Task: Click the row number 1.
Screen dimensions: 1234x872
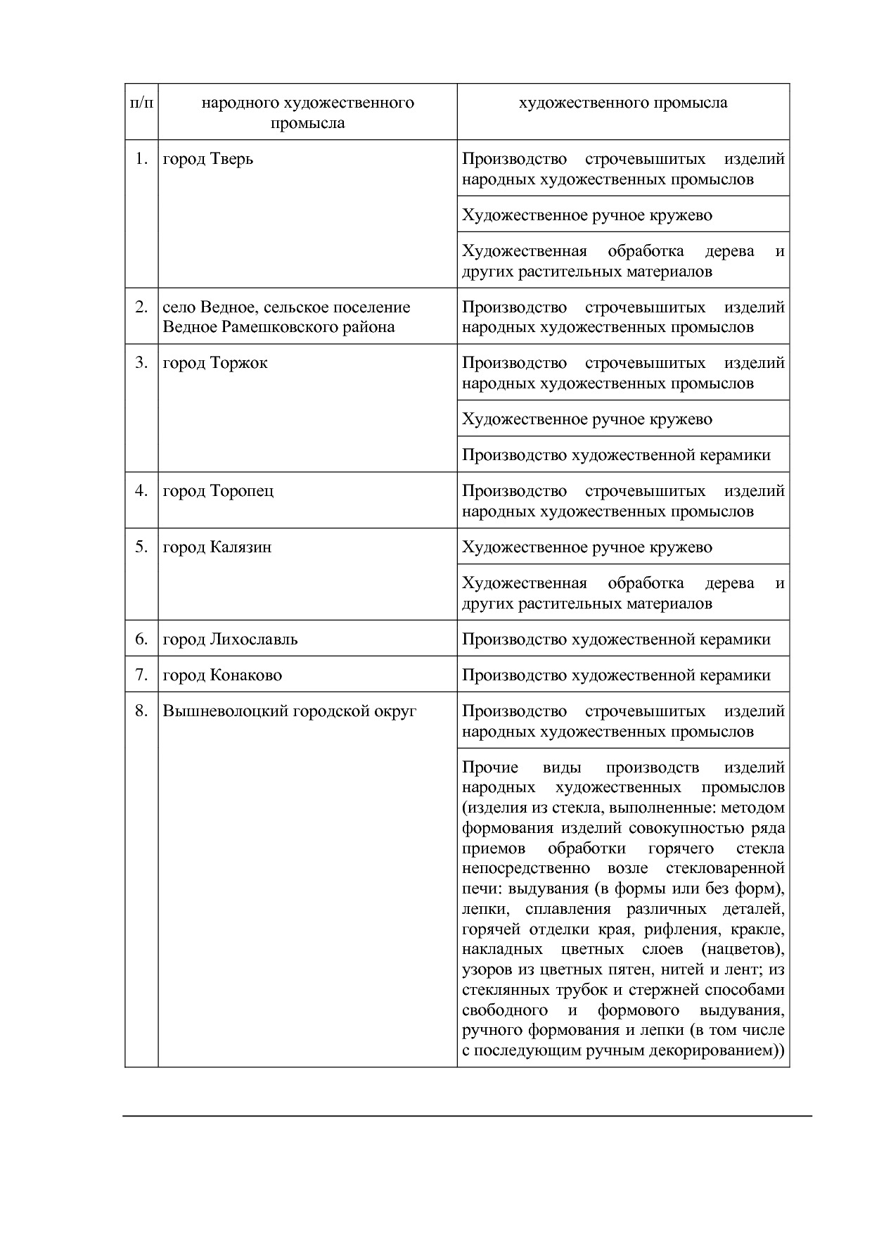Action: click(x=141, y=159)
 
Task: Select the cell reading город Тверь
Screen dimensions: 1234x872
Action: click(x=207, y=159)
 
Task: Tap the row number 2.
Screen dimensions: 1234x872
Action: click(x=141, y=307)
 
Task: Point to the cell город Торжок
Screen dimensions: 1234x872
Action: click(x=215, y=363)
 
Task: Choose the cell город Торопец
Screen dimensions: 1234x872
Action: click(x=218, y=491)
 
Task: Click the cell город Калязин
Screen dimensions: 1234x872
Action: click(x=217, y=547)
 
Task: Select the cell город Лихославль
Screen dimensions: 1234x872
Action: click(x=230, y=640)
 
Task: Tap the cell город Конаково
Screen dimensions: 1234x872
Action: click(x=222, y=675)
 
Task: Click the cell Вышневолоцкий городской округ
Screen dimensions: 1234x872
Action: click(x=289, y=711)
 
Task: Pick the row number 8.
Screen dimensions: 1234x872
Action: click(x=141, y=711)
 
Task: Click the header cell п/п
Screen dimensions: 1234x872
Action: click(x=141, y=103)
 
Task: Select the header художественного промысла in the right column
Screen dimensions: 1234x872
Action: click(x=622, y=103)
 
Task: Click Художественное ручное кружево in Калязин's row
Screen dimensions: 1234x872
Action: click(x=586, y=547)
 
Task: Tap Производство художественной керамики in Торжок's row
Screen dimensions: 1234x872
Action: click(x=616, y=455)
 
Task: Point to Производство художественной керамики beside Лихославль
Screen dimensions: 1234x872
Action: click(x=616, y=640)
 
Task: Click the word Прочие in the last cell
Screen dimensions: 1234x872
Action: click(x=489, y=768)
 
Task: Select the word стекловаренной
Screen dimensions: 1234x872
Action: click(x=733, y=869)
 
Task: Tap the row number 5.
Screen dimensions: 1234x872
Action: click(x=141, y=547)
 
